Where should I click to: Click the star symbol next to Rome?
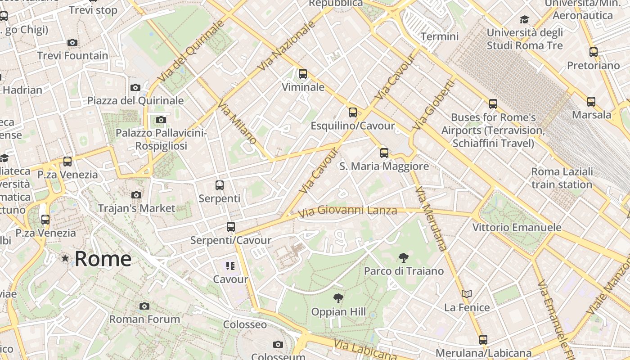click(65, 258)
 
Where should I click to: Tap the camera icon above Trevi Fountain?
click(72, 43)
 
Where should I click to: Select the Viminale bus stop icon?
click(303, 74)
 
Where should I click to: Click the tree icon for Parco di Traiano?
click(404, 258)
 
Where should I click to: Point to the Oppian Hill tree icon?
click(338, 298)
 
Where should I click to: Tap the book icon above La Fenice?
click(467, 294)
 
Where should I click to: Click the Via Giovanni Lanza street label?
click(347, 211)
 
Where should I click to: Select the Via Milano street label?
click(237, 122)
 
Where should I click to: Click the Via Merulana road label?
click(431, 218)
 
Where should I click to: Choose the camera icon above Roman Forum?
click(144, 306)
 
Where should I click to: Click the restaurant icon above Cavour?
click(230, 266)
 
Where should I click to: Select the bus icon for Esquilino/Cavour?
click(353, 112)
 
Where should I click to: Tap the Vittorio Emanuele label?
click(517, 227)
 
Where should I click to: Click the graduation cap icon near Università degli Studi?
click(524, 19)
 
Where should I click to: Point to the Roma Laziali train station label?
click(562, 178)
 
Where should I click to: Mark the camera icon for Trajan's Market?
click(136, 195)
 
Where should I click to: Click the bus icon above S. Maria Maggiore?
click(384, 153)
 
